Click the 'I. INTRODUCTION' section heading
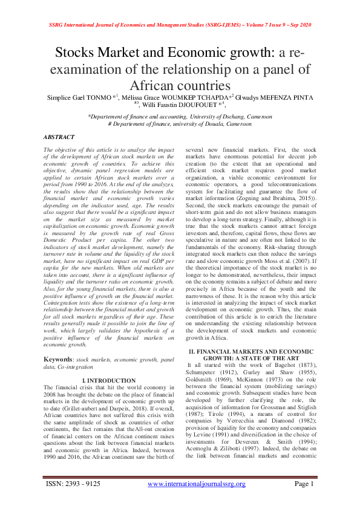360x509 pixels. click(x=108, y=380)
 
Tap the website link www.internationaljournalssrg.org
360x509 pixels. click(x=197, y=501)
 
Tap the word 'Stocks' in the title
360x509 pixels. click(x=77, y=53)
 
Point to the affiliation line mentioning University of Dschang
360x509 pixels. click(x=180, y=116)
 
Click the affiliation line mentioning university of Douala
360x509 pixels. click(x=180, y=123)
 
